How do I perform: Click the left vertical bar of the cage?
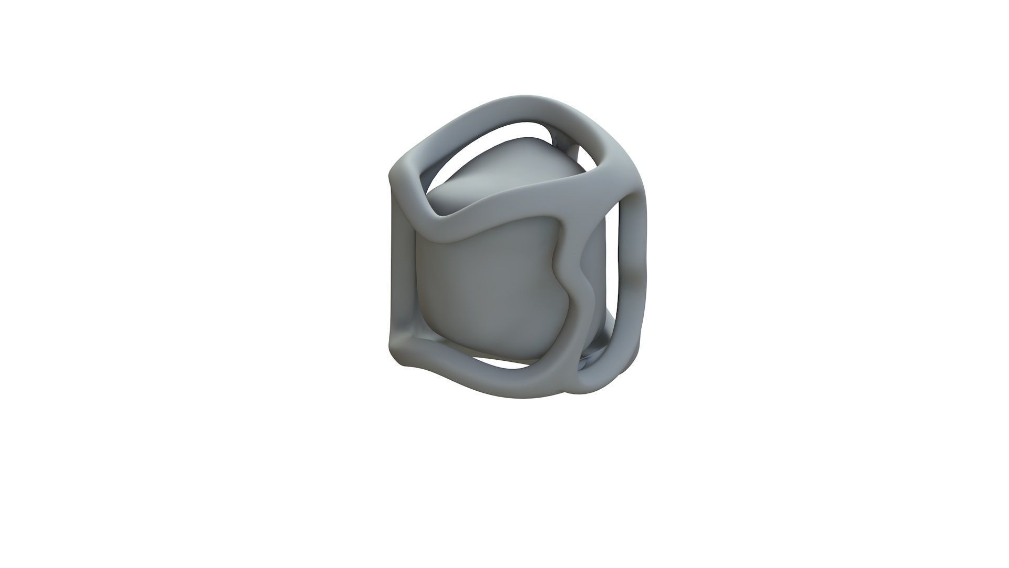click(x=402, y=263)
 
